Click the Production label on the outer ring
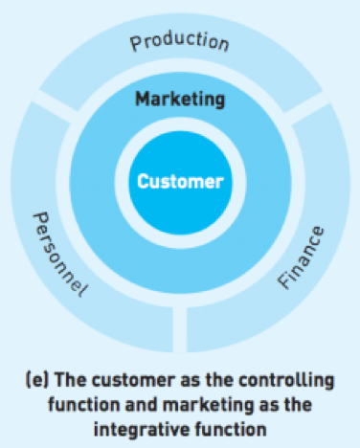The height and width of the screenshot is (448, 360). tap(180, 42)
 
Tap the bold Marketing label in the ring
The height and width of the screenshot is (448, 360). tap(180, 99)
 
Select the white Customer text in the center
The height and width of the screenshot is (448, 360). tap(180, 180)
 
